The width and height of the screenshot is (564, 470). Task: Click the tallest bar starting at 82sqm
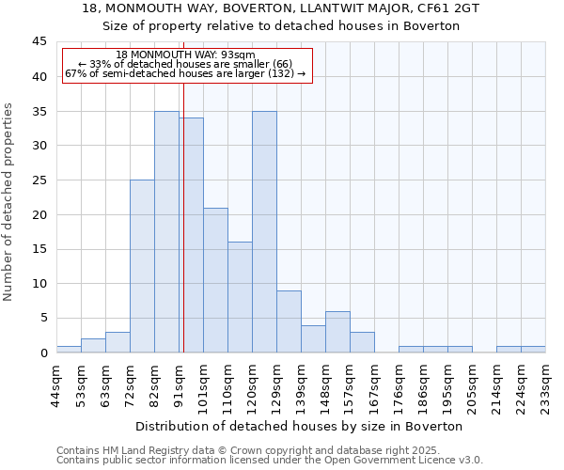point(166,232)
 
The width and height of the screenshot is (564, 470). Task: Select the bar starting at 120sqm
point(264,232)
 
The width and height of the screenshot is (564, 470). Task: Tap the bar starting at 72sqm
point(142,266)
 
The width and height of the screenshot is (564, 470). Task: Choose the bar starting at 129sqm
point(289,321)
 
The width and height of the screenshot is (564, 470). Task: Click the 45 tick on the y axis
point(39,42)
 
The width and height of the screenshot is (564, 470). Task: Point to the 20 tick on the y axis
point(39,214)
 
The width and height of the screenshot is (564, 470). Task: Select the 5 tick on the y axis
point(43,318)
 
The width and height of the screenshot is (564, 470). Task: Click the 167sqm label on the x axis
point(374,386)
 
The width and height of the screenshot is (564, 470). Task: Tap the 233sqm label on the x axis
point(545,386)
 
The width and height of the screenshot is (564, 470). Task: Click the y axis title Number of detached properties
point(9,202)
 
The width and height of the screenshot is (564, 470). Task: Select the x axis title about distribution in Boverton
point(301,426)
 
